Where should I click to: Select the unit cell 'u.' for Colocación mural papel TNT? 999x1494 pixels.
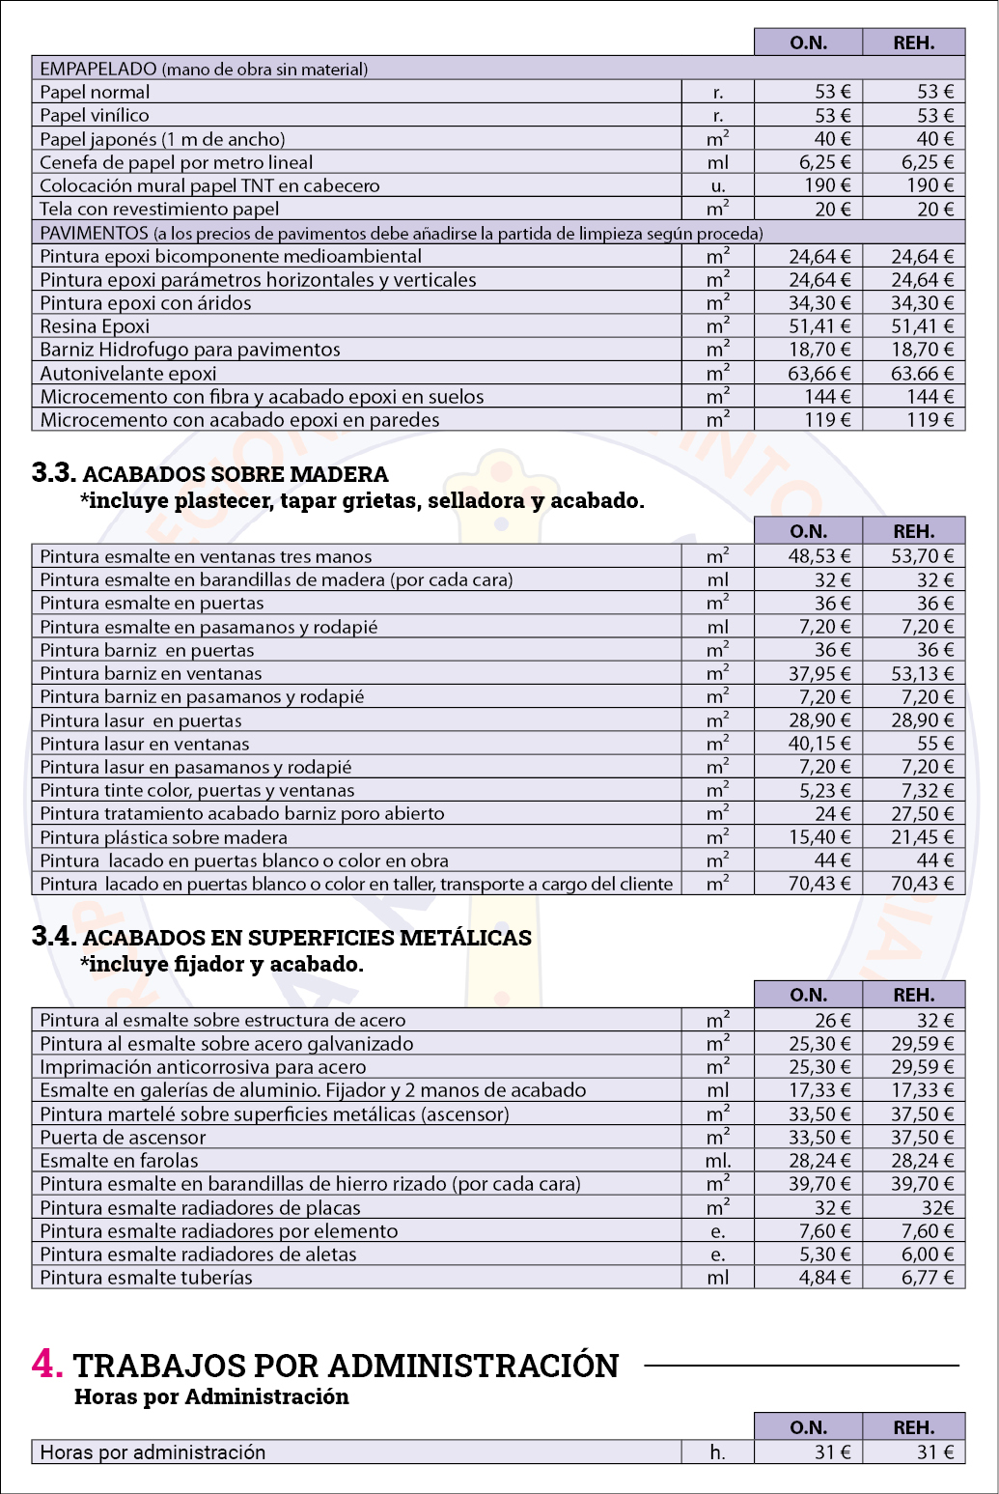717,185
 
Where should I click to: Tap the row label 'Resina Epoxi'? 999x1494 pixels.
95,326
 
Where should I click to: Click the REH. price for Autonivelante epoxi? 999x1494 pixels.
922,374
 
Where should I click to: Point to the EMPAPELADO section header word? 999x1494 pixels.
97,70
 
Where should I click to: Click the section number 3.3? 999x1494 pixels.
53,472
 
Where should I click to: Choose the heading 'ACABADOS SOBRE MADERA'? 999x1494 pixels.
236,474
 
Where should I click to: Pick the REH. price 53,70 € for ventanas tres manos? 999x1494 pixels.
922,556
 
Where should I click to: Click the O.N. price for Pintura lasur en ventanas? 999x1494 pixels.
819,744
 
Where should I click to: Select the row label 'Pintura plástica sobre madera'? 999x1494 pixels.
163,837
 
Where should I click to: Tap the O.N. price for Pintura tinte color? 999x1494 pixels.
819,791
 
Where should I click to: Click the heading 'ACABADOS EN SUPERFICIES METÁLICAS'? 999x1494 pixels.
307,938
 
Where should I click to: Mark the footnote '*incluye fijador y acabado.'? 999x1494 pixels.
221,964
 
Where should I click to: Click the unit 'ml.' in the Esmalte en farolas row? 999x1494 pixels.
717,1161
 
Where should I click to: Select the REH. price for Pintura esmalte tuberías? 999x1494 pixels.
922,1278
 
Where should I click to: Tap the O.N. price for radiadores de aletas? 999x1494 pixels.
825,1254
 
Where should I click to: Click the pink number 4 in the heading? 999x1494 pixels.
46,1363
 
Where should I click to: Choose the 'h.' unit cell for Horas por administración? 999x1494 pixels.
717,1452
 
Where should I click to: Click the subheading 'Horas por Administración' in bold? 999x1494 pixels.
211,1396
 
